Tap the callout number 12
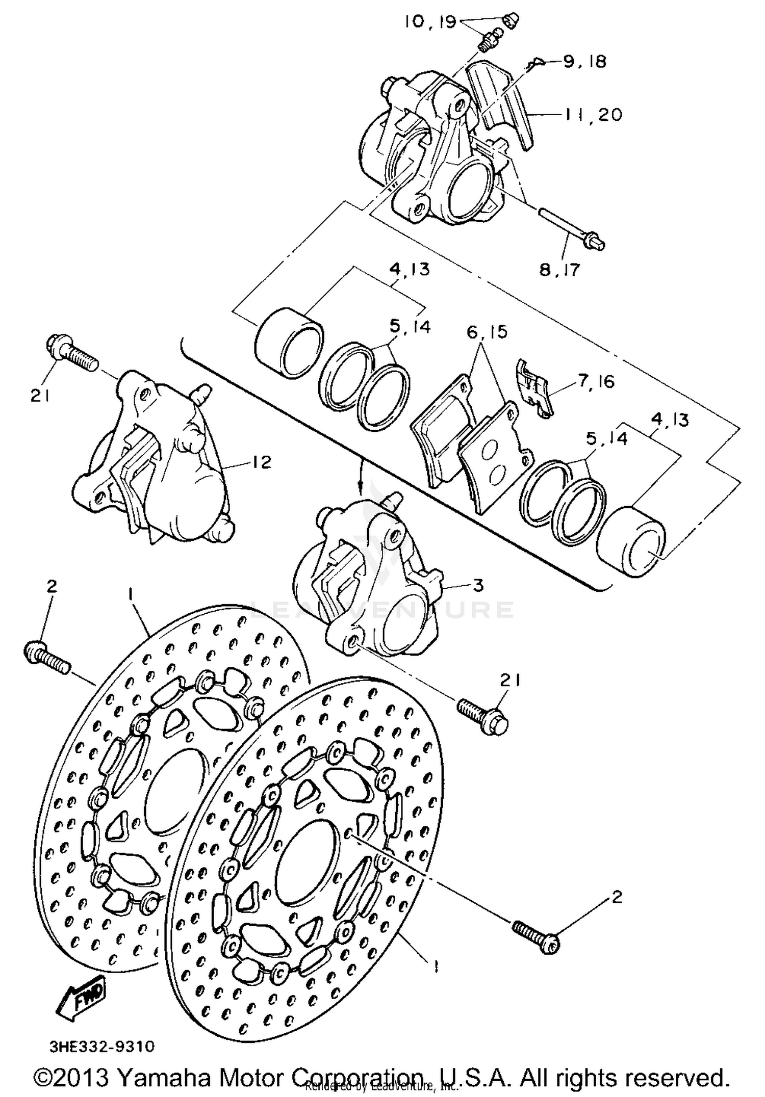pyautogui.click(x=261, y=462)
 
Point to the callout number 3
pyautogui.click(x=478, y=585)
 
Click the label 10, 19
pyautogui.click(x=430, y=22)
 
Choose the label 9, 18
pyautogui.click(x=584, y=62)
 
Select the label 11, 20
pyautogui.click(x=594, y=115)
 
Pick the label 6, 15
pyautogui.click(x=487, y=332)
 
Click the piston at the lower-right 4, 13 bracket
pyautogui.click(x=631, y=542)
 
